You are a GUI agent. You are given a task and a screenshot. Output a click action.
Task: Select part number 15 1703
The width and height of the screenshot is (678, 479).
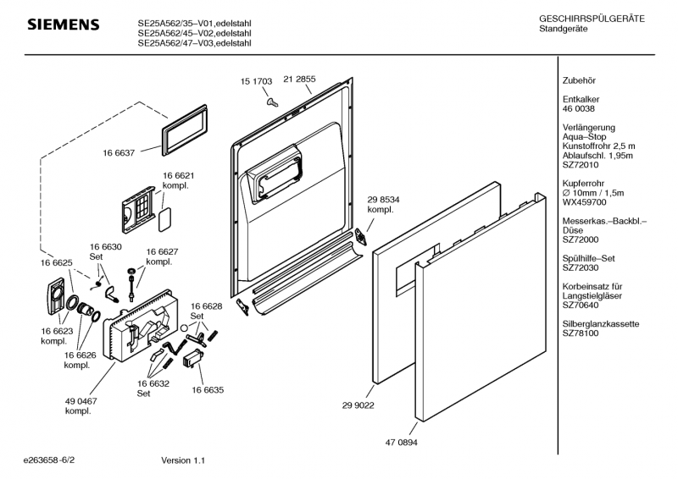coord(256,81)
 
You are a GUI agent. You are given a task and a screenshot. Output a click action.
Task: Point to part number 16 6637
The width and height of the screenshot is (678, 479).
coord(119,152)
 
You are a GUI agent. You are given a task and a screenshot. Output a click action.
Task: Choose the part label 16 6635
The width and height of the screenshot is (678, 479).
coord(208,390)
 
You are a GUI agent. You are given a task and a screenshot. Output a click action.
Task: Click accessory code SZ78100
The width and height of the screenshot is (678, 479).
coord(581,333)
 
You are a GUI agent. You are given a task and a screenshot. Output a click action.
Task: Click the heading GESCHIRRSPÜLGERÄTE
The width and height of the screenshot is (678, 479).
coord(592,19)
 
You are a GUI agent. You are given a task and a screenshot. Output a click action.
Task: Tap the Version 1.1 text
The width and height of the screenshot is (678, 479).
coord(183,460)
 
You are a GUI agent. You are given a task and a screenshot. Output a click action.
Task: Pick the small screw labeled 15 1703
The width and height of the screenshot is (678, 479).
coord(270,100)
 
